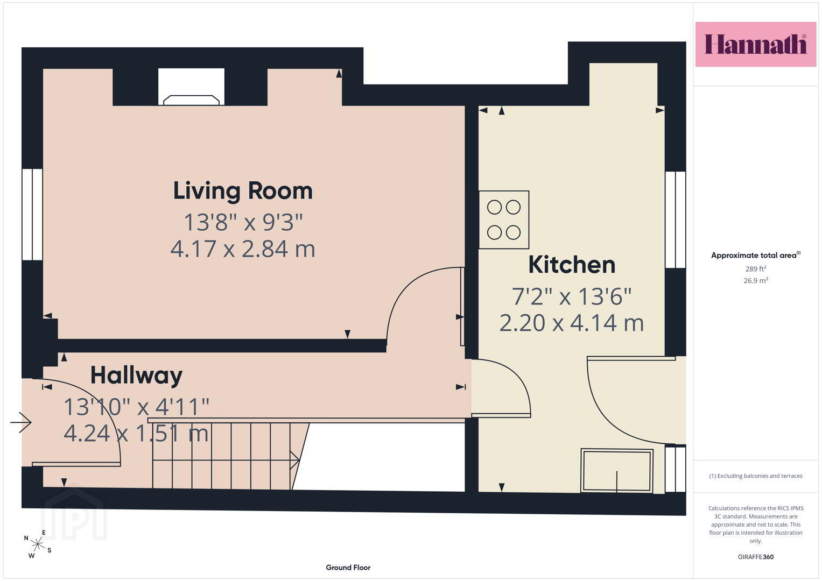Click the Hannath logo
click(x=756, y=44)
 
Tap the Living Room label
click(x=243, y=191)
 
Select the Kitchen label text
click(x=572, y=265)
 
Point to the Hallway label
click(x=137, y=375)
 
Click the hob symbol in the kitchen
click(x=504, y=219)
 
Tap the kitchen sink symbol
click(x=617, y=471)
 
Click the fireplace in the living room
click(x=191, y=100)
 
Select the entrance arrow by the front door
click(x=21, y=422)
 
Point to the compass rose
click(x=38, y=544)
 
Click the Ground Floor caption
click(x=348, y=568)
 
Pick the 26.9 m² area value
click(x=756, y=280)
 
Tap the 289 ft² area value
click(x=756, y=268)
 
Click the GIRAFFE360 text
click(x=756, y=557)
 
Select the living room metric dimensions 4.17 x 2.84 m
click(x=243, y=249)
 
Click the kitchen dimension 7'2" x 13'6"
click(x=572, y=296)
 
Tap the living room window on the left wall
click(x=32, y=215)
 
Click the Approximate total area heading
click(x=756, y=255)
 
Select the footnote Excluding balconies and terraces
click(x=756, y=476)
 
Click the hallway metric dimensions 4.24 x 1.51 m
click(x=136, y=433)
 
